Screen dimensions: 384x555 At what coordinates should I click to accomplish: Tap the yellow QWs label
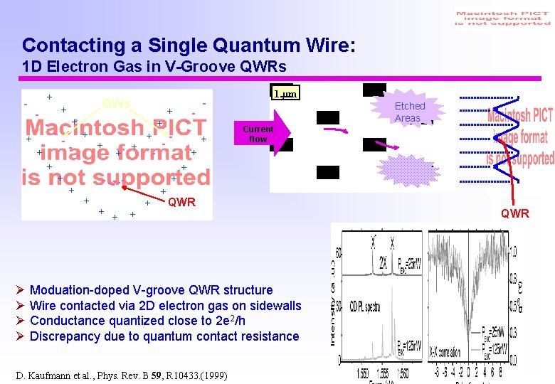click(x=116, y=103)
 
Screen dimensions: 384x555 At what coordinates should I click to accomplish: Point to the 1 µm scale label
click(x=285, y=94)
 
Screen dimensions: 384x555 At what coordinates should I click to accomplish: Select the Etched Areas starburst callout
click(x=409, y=112)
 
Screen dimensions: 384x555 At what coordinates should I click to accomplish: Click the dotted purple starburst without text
click(x=405, y=171)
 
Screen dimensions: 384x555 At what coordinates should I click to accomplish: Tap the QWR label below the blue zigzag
click(x=514, y=213)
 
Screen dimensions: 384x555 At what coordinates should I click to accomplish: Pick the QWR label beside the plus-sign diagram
click(x=181, y=202)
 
